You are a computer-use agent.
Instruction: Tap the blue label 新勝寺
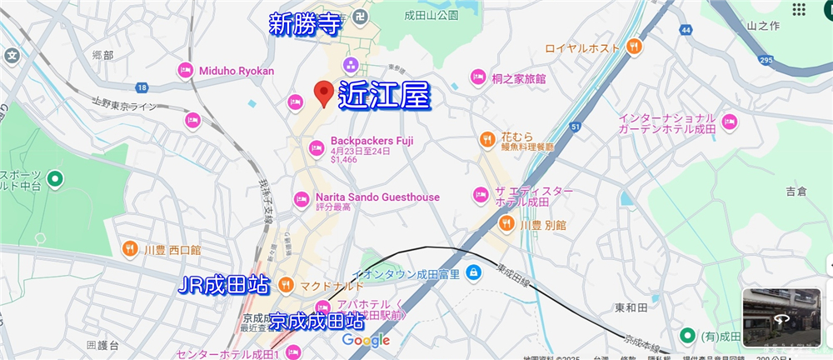point(305,25)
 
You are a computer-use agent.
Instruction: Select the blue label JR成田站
point(225,286)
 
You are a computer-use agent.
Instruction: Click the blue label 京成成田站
point(317,320)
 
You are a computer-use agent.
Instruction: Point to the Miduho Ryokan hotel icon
point(185,71)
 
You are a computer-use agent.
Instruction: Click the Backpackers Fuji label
point(372,141)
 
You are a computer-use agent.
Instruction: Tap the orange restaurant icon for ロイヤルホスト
point(634,46)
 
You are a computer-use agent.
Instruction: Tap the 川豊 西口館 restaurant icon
point(130,248)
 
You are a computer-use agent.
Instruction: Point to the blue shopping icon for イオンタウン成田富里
point(473,272)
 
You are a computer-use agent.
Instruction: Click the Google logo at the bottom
point(366,340)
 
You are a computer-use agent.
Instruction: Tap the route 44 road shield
point(686,30)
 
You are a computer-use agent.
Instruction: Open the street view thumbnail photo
point(781,316)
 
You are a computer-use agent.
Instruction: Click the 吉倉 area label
point(796,192)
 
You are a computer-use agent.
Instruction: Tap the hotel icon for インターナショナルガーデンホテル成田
point(730,122)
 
